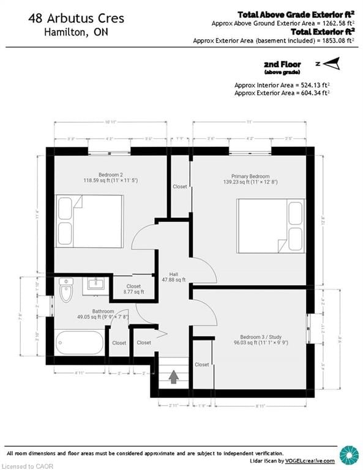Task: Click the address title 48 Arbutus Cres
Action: click(x=75, y=19)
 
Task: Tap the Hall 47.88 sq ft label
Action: click(x=178, y=277)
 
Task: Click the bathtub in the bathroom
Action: click(x=80, y=343)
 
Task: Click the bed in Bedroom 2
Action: click(x=90, y=221)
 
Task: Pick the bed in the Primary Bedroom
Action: click(x=271, y=225)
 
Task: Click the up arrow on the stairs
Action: click(x=173, y=377)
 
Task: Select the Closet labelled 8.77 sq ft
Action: click(x=133, y=289)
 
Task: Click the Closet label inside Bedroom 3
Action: click(x=201, y=365)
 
